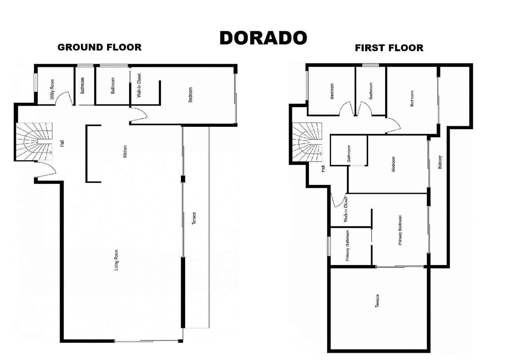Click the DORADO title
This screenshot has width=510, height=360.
263,38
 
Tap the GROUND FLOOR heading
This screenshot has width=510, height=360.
99,47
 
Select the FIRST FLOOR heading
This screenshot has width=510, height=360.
389,48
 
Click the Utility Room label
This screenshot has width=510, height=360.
52,89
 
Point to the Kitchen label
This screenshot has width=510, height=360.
125,151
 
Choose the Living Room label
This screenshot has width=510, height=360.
116,260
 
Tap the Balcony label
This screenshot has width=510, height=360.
440,162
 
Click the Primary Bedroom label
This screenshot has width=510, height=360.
400,230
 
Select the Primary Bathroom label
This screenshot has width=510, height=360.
347,245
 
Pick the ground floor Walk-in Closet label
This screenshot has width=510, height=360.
139,85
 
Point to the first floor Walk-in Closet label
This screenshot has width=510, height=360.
346,209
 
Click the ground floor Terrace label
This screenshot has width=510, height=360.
194,218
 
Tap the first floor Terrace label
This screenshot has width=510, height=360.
377,301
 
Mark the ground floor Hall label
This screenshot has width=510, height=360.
62,143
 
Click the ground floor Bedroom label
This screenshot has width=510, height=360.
191,95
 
